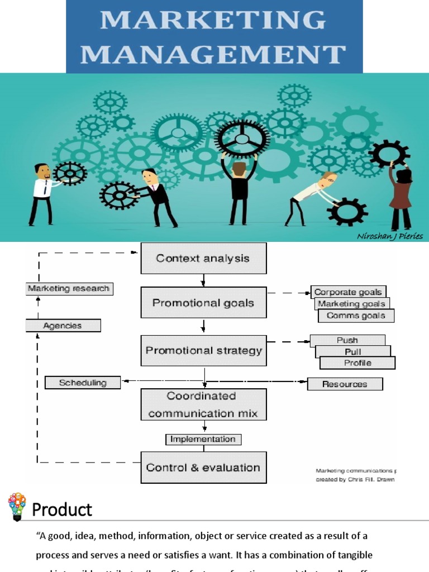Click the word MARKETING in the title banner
pyautogui.click(x=214, y=20)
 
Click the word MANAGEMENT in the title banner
pyautogui.click(x=214, y=54)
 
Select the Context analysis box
pyautogui.click(x=203, y=258)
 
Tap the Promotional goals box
pyautogui.click(x=203, y=302)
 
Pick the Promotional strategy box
pyautogui.click(x=203, y=350)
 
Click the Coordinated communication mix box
pyautogui.click(x=203, y=404)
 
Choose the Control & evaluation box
pyautogui.click(x=203, y=467)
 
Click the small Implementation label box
pyautogui.click(x=203, y=439)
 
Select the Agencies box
pyautogui.click(x=63, y=325)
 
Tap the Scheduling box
pyautogui.click(x=83, y=382)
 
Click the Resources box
pyautogui.click(x=345, y=384)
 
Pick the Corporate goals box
pyautogui.click(x=348, y=292)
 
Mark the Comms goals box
pyautogui.click(x=356, y=316)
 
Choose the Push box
pyautogui.click(x=347, y=340)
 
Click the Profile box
pyautogui.click(x=357, y=363)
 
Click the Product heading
pyautogui.click(x=62, y=509)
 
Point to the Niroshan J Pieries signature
pyautogui.click(x=389, y=236)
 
